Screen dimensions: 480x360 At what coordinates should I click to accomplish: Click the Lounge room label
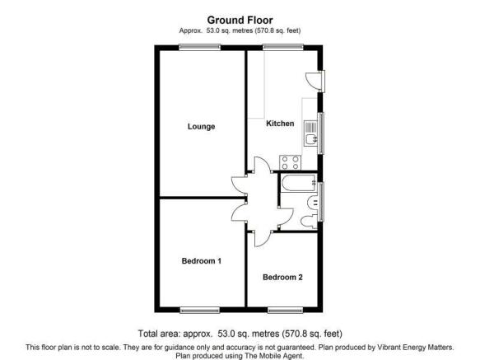coord(201,127)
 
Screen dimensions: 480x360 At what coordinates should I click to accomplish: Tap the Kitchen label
coord(280,124)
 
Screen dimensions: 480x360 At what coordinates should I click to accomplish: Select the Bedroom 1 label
coord(202,261)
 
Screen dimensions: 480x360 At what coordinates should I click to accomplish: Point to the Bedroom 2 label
coord(282,278)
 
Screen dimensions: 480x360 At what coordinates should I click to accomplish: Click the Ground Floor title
coord(240,21)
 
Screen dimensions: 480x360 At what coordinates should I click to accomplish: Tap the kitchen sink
coord(310,134)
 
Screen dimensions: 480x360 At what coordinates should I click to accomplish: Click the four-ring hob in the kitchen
coord(290,162)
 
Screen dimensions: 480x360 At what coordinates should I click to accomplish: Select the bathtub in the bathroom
coord(299,183)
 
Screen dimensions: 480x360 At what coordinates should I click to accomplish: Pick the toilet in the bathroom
coord(309,222)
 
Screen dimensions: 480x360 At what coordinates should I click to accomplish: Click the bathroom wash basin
coord(313,202)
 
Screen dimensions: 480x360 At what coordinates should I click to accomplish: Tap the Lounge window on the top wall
coord(199,47)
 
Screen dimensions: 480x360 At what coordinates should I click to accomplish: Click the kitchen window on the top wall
coord(283,47)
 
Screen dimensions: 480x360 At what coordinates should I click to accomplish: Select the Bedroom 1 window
coord(199,310)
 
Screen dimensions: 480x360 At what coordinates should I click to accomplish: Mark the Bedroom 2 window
coord(285,310)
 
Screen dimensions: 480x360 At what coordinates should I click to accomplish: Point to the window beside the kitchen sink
coord(321,133)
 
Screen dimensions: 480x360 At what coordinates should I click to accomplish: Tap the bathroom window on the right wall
coord(321,202)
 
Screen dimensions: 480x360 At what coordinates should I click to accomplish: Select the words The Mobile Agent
coord(273,356)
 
